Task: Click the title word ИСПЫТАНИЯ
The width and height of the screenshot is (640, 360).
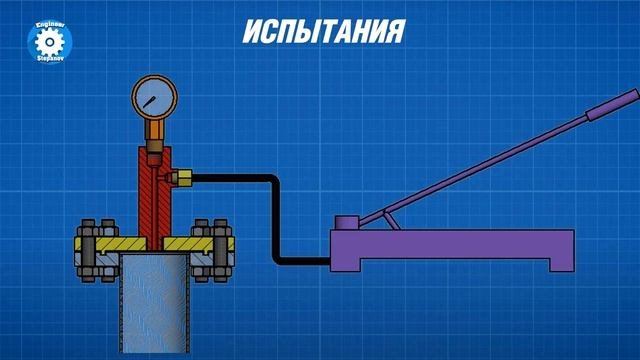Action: tap(324, 31)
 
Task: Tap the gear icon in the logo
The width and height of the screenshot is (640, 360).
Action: tap(49, 42)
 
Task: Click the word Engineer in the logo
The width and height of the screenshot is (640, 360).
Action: tap(50, 25)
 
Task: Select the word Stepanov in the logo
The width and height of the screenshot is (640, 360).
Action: tap(49, 59)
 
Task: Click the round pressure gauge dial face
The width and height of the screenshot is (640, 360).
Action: tap(154, 97)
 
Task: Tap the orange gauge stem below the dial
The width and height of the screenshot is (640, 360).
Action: tap(154, 129)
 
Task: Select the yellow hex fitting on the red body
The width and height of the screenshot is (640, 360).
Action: tap(182, 178)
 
